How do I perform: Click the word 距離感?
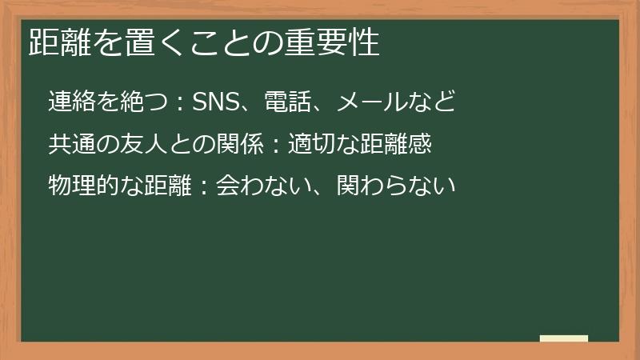[x=398, y=144]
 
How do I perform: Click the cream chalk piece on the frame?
[x=563, y=338]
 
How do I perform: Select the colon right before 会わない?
[x=204, y=187]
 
